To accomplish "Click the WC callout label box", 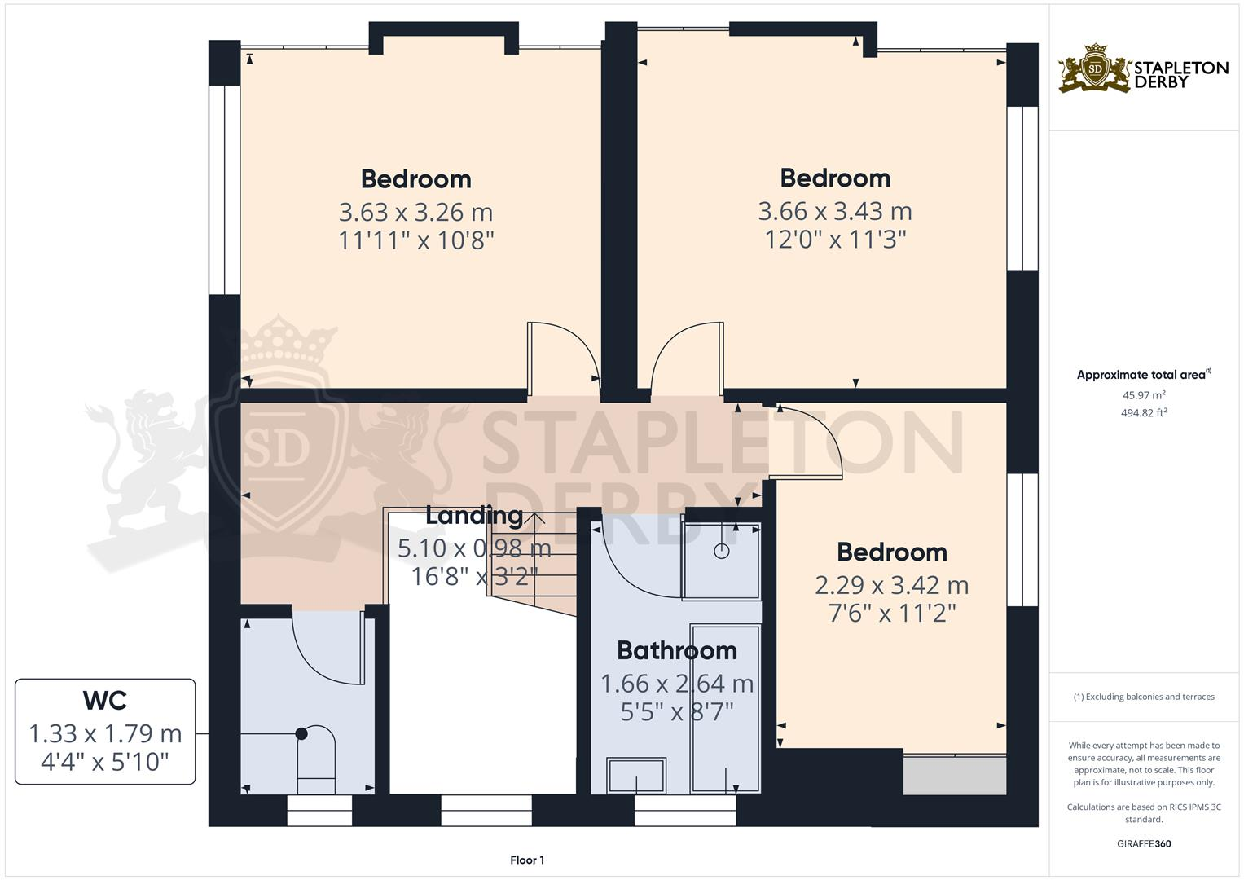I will pos(105,731).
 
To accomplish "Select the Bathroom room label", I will pos(676,650).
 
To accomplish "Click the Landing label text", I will pos(474,515).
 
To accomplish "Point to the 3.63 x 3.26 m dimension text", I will pos(415,212).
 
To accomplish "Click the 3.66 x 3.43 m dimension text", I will pos(834,211).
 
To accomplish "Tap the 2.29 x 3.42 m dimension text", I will pos(891,585).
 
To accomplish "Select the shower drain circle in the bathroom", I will pos(722,552).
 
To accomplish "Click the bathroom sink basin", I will pos(636,775).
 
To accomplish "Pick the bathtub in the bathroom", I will pos(725,707).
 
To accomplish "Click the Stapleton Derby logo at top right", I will pos(1143,69).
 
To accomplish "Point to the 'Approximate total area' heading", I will pos(1142,375).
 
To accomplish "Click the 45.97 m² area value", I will pos(1143,395).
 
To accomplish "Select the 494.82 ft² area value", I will pos(1143,412).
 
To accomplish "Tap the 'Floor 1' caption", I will pos(526,860).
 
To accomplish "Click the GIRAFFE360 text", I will pos(1143,843).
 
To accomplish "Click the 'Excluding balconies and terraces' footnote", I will pos(1143,697).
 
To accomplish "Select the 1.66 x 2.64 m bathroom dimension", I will pos(676,683).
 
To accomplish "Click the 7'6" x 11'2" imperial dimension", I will pos(891,613).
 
